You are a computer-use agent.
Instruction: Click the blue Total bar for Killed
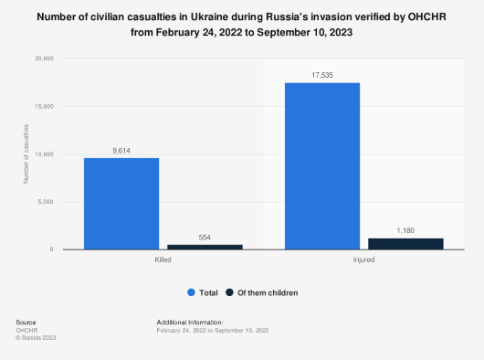[121, 203]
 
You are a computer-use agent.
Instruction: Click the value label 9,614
[121, 149]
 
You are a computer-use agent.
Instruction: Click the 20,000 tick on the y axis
[44, 58]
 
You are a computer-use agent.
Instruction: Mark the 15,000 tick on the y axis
[44, 106]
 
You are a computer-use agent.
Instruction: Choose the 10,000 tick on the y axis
[44, 154]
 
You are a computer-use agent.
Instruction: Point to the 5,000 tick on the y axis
[46, 201]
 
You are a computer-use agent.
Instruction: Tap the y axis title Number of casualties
[26, 154]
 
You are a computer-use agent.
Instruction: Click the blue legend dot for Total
[191, 292]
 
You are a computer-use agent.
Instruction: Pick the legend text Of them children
[268, 292]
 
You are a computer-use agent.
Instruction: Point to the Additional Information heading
[190, 323]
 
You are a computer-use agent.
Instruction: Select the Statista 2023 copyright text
[36, 337]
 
